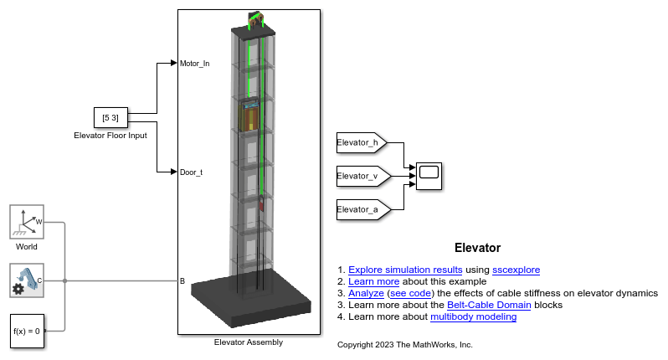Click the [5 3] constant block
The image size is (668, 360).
tap(110, 117)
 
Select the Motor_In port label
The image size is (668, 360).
tap(194, 64)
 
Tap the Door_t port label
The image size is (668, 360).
tap(191, 172)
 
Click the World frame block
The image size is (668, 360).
tap(27, 222)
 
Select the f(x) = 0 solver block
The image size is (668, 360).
tap(27, 331)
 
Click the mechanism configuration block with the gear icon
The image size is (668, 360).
tap(27, 280)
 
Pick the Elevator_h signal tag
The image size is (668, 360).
tap(362, 142)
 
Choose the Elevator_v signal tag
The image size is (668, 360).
tap(363, 176)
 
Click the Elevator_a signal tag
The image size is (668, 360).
tap(363, 209)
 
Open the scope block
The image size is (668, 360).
tap(429, 176)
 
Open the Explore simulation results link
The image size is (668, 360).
tap(405, 270)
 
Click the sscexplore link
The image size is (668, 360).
tap(516, 270)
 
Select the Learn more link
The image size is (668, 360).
tap(373, 281)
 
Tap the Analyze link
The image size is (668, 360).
tap(366, 293)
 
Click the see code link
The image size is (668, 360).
tap(410, 293)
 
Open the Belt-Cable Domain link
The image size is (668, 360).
tap(489, 305)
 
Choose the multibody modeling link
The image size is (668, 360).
tap(473, 316)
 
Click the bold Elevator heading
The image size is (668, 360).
tap(478, 248)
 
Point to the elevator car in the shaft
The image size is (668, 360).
tap(249, 116)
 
